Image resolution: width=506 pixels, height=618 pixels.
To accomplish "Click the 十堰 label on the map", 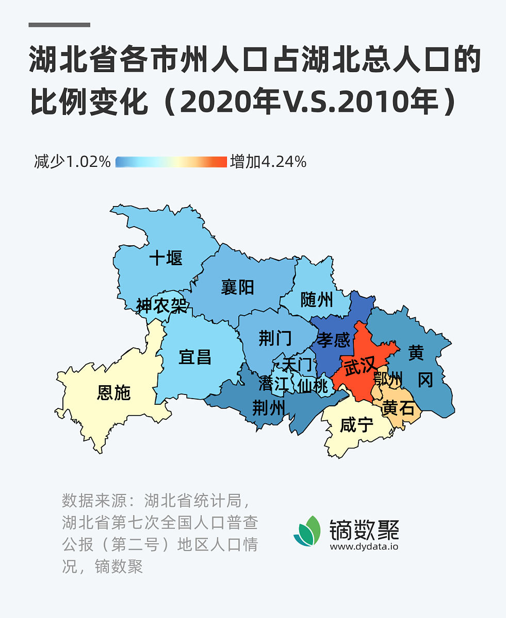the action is pos(166,257).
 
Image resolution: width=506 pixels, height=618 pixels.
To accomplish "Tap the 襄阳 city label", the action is pos(238,287).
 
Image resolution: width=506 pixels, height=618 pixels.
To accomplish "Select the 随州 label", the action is pos(317,300).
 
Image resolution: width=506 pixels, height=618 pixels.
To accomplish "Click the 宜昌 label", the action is pos(195,356).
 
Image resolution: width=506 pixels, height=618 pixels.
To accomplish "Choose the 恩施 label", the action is pos(114,392).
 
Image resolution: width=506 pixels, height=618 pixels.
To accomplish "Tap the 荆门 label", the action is pos(275,338).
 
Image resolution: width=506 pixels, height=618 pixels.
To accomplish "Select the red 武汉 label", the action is pos(359,367).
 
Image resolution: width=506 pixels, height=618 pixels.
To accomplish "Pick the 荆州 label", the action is pos(269,408).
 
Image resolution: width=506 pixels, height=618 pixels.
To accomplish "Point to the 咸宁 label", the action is pos(356,425).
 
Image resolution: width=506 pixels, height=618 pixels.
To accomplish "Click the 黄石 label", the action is pos(398,408).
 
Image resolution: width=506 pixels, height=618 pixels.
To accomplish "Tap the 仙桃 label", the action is pos(313,386).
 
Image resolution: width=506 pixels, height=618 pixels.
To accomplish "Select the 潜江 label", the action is pos(274,384).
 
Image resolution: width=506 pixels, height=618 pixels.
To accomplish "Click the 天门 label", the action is pos(298,365).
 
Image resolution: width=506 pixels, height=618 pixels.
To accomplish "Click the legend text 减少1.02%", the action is pos(72,162).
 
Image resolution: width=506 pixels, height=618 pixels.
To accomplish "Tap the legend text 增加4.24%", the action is pos(269,162).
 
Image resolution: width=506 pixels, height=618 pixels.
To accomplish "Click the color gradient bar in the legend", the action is pos(171,162).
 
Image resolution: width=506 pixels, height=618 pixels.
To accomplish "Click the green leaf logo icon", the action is pos(307,530).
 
